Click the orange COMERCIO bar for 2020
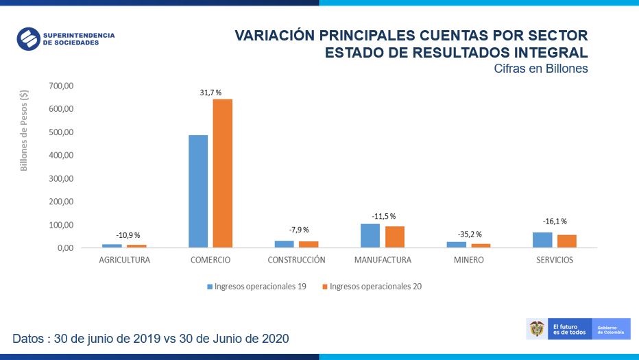(223, 173)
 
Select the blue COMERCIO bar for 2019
(198, 191)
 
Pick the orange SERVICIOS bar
(567, 241)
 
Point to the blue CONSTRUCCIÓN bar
(284, 243)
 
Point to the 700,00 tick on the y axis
(62, 86)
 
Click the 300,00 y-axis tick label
(62, 178)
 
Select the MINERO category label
(468, 261)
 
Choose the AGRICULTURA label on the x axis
(124, 261)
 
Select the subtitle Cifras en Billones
(540, 69)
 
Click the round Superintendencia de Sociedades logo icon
(29, 38)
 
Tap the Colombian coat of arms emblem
(536, 329)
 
